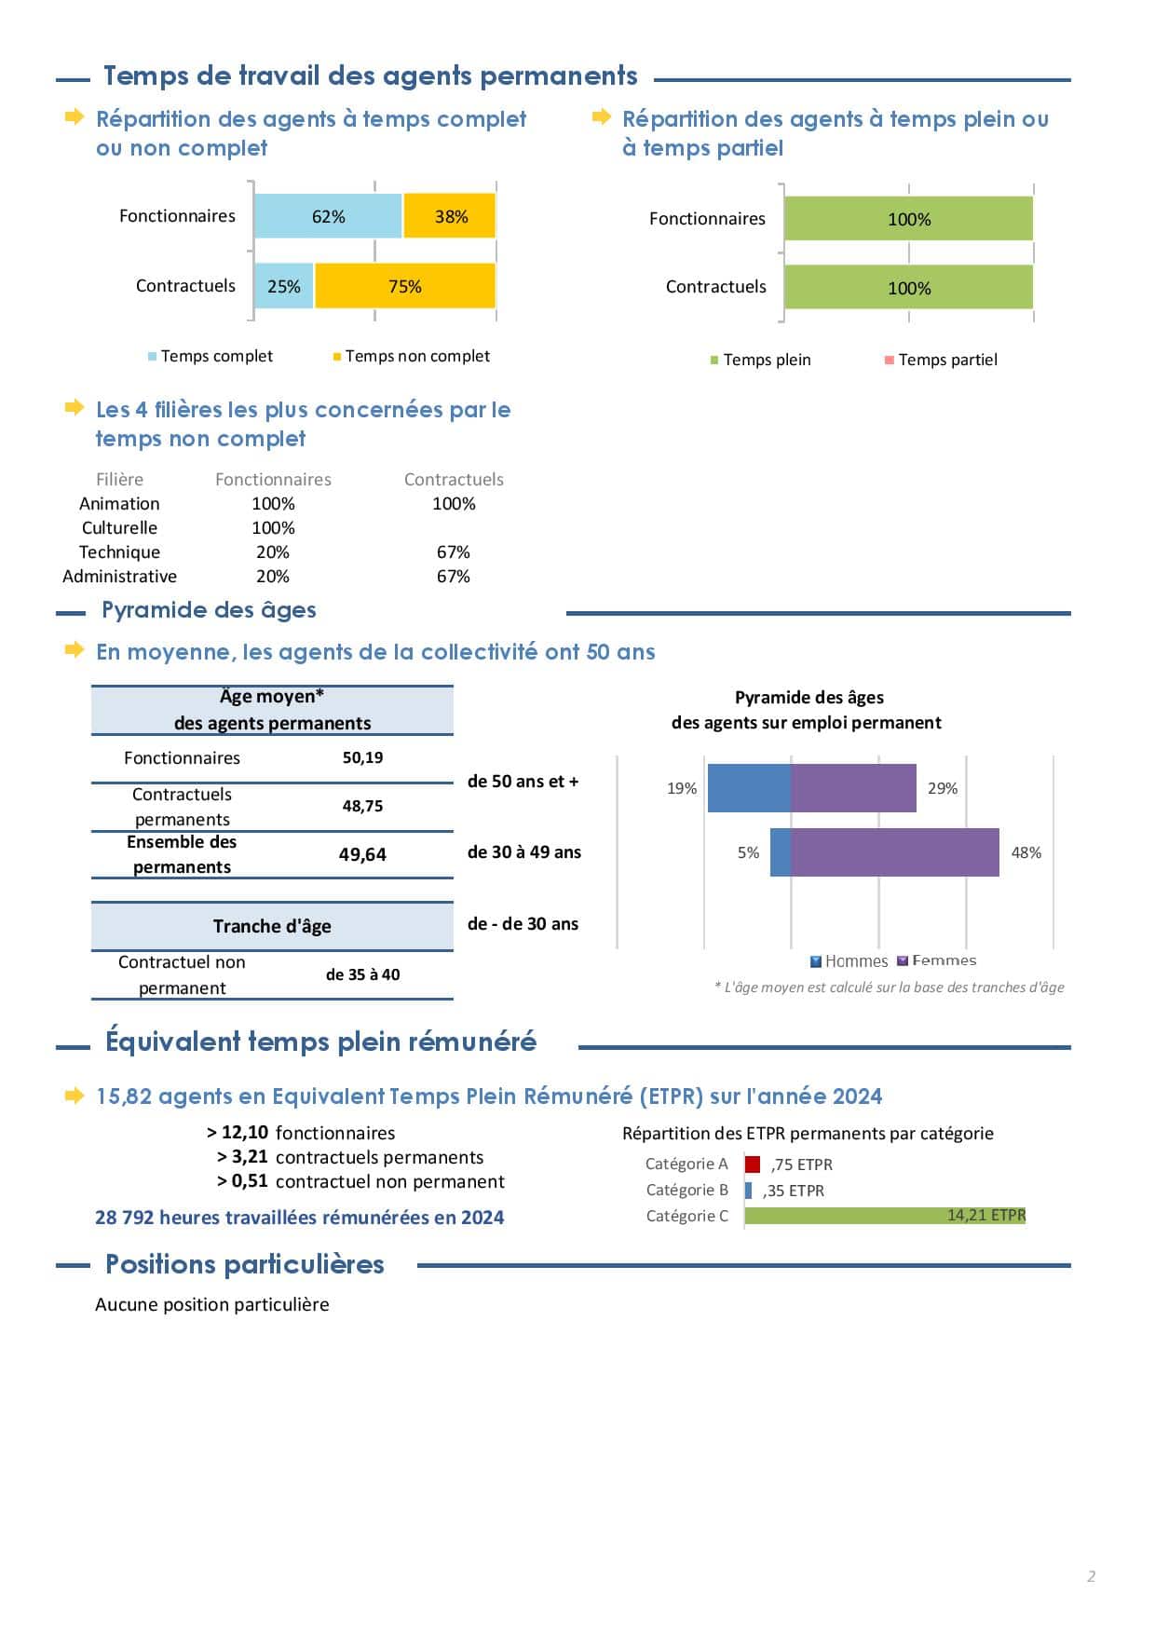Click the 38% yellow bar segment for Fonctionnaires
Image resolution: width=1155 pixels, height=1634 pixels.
tap(450, 217)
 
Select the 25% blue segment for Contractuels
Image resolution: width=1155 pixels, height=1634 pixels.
tap(284, 286)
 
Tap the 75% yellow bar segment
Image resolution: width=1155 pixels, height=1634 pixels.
tap(405, 286)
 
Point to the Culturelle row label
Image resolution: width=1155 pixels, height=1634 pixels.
tap(119, 527)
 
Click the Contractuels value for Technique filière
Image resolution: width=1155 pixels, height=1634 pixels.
tap(454, 551)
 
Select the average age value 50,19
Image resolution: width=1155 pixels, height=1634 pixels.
tap(362, 757)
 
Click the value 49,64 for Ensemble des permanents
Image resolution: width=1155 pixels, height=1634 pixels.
tap(362, 854)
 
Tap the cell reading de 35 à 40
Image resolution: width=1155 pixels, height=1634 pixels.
tap(362, 974)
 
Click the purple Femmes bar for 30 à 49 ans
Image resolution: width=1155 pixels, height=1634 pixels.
tap(894, 852)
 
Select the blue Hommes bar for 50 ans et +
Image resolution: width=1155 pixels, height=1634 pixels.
tap(749, 788)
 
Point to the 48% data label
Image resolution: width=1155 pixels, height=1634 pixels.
tap(1026, 852)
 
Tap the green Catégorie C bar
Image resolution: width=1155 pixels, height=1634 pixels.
tap(885, 1216)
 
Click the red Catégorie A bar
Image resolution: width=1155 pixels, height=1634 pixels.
tap(753, 1164)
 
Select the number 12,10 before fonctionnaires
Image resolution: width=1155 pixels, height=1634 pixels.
tap(245, 1133)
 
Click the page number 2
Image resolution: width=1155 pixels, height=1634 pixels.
tap(1092, 1576)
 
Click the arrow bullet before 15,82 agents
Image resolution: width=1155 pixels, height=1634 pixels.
tap(75, 1096)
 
